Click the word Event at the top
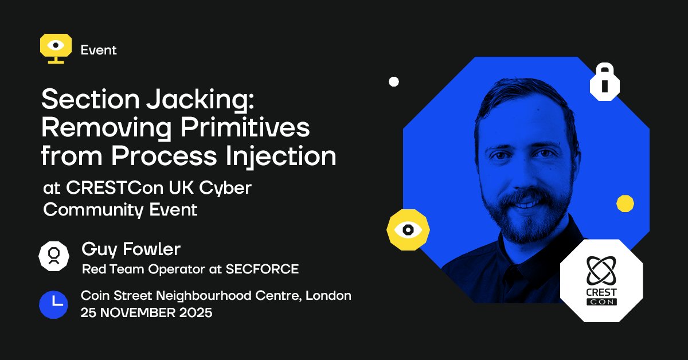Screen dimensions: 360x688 click(99, 50)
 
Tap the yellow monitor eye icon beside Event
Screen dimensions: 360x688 click(56, 48)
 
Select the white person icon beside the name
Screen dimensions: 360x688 click(54, 256)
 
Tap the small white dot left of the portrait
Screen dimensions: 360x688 click(394, 81)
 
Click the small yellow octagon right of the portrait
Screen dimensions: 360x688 click(625, 204)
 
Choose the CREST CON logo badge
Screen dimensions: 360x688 click(601, 280)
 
